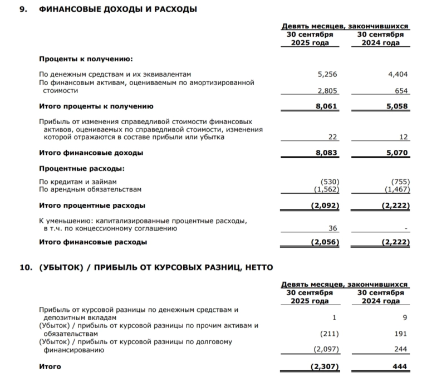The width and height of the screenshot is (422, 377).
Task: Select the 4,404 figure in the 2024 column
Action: coord(398,74)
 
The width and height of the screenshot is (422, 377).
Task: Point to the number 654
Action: coord(401,91)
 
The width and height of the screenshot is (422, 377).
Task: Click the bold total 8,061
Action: coord(326,106)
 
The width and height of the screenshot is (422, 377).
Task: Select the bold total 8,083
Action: coord(326,152)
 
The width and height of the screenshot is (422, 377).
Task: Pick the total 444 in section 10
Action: coord(400,366)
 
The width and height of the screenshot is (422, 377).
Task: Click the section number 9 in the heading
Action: coord(22,9)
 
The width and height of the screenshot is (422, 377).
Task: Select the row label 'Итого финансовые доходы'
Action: coord(91,152)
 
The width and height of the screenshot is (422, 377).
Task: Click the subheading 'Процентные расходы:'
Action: coord(81,168)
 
